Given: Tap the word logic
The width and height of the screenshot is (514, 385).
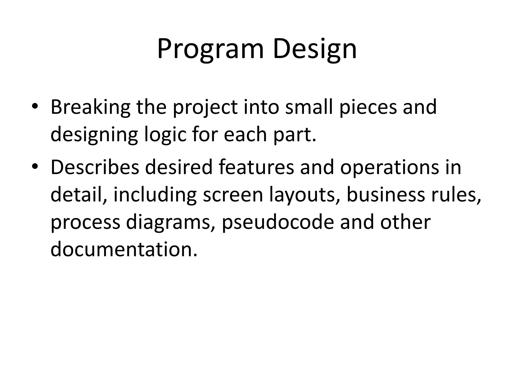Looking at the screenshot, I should tap(165, 135).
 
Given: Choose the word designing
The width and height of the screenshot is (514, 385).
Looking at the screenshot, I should tap(94, 135).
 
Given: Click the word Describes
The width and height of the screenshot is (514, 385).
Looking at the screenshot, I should tap(95, 167).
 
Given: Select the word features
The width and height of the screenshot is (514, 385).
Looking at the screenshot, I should tap(256, 167).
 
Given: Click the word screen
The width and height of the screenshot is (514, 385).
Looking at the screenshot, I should tap(233, 195).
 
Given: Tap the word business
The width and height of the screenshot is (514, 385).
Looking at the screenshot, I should tap(386, 195).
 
